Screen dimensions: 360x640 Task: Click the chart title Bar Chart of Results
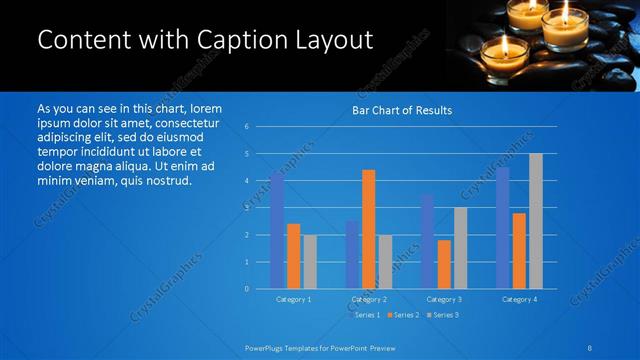[402, 110]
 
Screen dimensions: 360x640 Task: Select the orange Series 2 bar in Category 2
[368, 229]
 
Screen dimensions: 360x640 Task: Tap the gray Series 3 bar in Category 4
[535, 221]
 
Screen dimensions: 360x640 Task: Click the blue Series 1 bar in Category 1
[277, 230]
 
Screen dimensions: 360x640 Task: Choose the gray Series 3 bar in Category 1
[310, 261]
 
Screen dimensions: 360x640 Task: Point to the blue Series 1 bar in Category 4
[503, 228]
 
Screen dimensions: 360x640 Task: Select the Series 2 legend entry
[405, 315]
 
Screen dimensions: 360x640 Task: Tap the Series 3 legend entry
[443, 315]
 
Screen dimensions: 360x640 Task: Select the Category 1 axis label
[293, 299]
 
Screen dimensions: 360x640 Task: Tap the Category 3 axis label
[444, 299]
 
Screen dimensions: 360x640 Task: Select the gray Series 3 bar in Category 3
[460, 248]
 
